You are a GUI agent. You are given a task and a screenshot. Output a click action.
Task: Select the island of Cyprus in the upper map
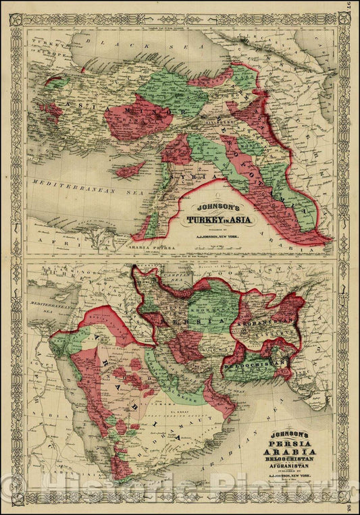(130, 169)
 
